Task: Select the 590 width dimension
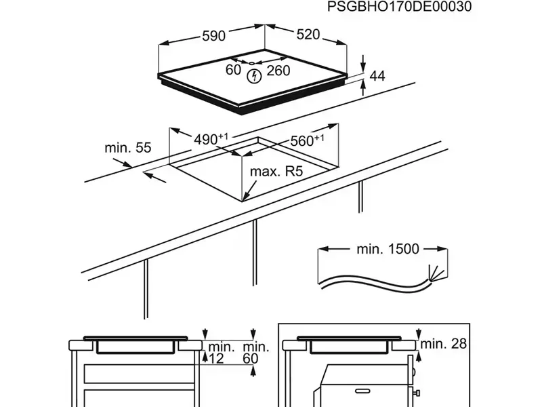point(213,36)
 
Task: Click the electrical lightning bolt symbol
point(254,76)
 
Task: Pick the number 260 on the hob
point(278,70)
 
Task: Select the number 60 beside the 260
point(234,70)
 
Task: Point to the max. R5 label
point(275,172)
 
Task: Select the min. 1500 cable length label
point(388,249)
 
